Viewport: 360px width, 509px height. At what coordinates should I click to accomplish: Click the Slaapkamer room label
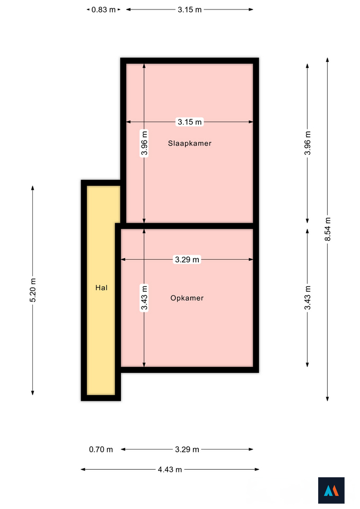[x=190, y=143]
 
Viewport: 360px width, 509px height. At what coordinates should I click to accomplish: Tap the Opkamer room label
[x=187, y=298]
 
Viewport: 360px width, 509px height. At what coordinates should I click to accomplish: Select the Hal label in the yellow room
[x=101, y=287]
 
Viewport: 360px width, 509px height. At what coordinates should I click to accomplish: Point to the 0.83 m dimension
[x=103, y=10]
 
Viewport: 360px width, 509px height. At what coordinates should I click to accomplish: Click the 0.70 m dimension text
[x=101, y=450]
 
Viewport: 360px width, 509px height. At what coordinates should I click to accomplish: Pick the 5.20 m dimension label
[x=33, y=290]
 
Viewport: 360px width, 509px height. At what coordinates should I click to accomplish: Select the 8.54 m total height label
[x=328, y=229]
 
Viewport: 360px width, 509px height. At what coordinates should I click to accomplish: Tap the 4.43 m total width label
[x=170, y=469]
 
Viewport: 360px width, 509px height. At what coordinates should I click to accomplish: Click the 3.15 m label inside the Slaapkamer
[x=190, y=122]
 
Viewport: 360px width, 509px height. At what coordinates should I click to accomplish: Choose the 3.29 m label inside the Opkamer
[x=187, y=260]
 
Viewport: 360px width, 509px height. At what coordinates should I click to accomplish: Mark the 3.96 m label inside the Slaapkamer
[x=144, y=143]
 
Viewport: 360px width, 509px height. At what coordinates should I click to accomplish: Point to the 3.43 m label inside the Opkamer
[x=144, y=297]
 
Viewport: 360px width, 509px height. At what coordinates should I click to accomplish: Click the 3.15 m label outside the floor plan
[x=190, y=10]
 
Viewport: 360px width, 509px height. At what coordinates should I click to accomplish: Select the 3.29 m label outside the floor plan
[x=187, y=450]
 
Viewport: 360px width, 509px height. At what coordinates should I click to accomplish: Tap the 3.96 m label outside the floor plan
[x=308, y=143]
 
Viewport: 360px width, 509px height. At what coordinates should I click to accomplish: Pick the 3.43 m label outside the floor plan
[x=308, y=297]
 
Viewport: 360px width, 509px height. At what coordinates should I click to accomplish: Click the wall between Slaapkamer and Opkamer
[x=187, y=226]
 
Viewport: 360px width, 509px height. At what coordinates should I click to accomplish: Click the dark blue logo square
[x=331, y=490]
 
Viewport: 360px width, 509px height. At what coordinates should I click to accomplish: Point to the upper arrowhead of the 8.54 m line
[x=328, y=60]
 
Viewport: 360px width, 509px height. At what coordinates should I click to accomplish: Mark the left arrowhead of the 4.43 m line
[x=83, y=469]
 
